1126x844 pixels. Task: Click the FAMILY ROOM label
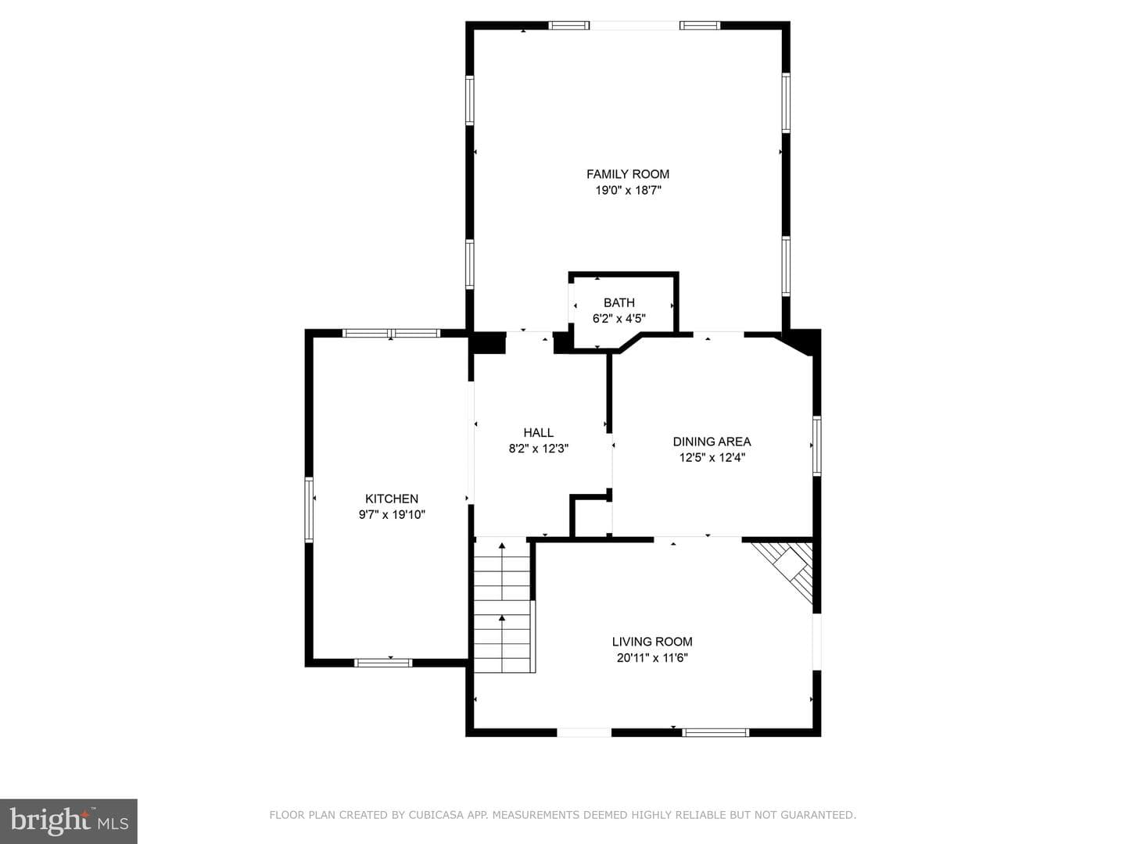pos(627,174)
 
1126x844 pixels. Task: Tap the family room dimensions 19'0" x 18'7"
pos(628,191)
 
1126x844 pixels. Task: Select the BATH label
pos(619,302)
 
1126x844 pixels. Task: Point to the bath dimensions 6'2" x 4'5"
pos(619,319)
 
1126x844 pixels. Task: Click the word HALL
pos(538,432)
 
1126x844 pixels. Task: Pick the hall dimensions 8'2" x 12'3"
pos(538,449)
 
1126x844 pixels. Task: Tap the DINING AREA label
pos(712,442)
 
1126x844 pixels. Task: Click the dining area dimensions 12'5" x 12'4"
pos(712,458)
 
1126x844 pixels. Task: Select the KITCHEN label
pos(392,499)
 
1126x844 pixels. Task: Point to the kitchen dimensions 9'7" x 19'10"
pos(392,515)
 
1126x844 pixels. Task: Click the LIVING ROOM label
pos(652,642)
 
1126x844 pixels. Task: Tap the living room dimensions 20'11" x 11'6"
pos(652,658)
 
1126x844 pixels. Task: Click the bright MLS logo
pos(69,821)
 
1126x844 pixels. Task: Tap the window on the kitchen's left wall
pos(309,510)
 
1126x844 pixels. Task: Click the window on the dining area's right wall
pos(816,445)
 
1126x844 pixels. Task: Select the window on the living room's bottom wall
pos(715,733)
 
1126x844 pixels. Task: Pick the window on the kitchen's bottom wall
pos(383,663)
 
